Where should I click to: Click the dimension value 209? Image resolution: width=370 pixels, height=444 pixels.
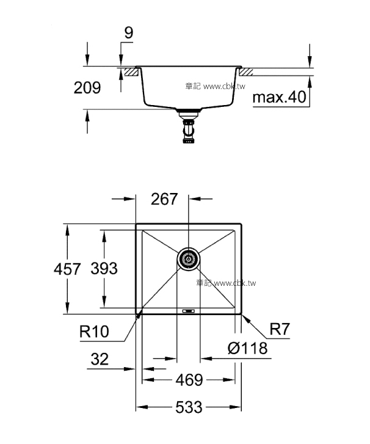87,88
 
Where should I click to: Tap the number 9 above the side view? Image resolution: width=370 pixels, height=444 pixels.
129,33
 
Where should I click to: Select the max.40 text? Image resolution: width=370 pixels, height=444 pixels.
279,97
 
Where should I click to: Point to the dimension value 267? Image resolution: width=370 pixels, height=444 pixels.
164,198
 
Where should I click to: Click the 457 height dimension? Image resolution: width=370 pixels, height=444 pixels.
67,269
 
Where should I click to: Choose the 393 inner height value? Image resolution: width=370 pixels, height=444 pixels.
104,269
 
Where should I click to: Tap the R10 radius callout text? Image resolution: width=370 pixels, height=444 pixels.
94,331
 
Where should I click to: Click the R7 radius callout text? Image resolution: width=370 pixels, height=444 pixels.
280,329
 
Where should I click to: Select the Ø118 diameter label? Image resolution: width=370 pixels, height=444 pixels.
247,348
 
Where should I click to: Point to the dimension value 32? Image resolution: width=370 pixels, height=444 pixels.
100,359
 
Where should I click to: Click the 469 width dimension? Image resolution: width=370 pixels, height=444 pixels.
189,380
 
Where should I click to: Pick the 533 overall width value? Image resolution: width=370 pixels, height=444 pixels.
189,407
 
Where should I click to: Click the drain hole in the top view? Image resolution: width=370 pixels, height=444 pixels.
188,259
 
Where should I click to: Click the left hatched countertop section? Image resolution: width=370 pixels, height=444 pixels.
131,72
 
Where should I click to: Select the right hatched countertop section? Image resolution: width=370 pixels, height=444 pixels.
246,72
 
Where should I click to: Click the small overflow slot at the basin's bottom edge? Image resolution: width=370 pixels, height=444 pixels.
188,311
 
